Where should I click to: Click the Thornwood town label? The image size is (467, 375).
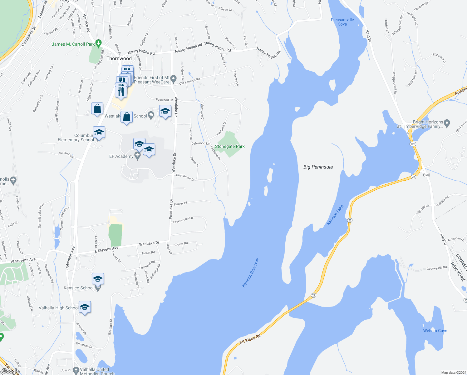point(119,58)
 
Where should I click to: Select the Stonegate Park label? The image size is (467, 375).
point(230,146)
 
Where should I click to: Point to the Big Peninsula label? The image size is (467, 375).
point(318,167)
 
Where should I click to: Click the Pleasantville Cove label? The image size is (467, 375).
point(342,22)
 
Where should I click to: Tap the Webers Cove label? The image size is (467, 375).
point(435,331)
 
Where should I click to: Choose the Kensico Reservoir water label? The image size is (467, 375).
point(251,272)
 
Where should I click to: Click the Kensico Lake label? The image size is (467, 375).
point(335,215)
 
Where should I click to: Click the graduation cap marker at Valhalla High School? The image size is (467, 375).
point(85,307)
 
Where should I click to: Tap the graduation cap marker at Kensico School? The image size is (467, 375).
point(98,278)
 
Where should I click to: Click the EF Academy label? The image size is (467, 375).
point(121,156)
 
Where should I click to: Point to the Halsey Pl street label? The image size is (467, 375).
point(180,204)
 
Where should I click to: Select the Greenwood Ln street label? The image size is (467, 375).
point(183,220)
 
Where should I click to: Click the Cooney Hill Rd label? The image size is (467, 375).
point(437,268)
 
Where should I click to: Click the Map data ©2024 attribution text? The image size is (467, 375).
point(452,372)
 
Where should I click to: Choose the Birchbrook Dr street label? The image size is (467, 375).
point(185,177)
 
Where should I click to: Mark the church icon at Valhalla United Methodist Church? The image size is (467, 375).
point(76,371)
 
